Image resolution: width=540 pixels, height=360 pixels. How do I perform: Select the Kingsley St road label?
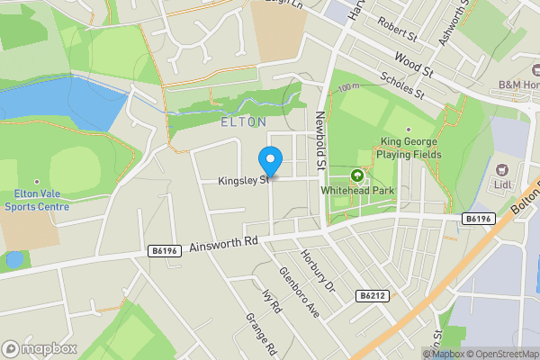coord(242,181)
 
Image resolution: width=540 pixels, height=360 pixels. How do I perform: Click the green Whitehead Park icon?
coord(357,176)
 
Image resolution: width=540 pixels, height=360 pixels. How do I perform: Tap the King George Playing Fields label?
coord(409,148)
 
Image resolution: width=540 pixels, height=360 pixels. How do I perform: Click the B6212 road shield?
coord(372,295)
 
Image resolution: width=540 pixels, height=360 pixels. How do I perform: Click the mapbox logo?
coord(39,348)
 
